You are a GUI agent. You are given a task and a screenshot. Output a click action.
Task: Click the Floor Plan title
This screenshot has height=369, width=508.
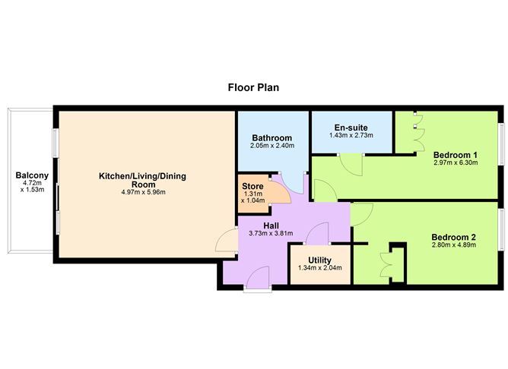point(253,87)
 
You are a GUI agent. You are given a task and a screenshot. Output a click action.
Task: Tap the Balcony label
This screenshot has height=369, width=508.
point(32,177)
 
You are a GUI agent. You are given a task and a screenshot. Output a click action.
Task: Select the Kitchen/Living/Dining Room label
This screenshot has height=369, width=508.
point(142,180)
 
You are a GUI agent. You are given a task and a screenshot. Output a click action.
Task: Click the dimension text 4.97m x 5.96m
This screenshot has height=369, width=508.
point(142,193)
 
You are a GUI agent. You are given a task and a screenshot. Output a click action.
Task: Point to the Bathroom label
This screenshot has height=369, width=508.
point(271,137)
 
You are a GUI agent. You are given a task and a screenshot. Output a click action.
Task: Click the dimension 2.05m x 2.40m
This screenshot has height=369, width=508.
point(271,146)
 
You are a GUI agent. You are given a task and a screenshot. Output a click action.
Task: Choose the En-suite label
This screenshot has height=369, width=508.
point(351,127)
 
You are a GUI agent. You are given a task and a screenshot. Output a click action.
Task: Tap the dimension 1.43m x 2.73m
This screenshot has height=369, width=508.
point(351,135)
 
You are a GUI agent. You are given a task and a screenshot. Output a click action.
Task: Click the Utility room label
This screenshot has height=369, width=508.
point(319,259)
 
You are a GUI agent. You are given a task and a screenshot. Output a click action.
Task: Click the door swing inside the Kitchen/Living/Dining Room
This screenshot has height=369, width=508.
point(227,241)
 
